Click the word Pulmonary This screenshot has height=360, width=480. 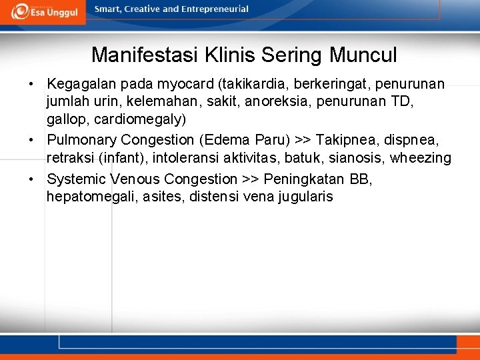click(82, 141)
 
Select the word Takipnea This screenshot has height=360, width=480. click(344, 141)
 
